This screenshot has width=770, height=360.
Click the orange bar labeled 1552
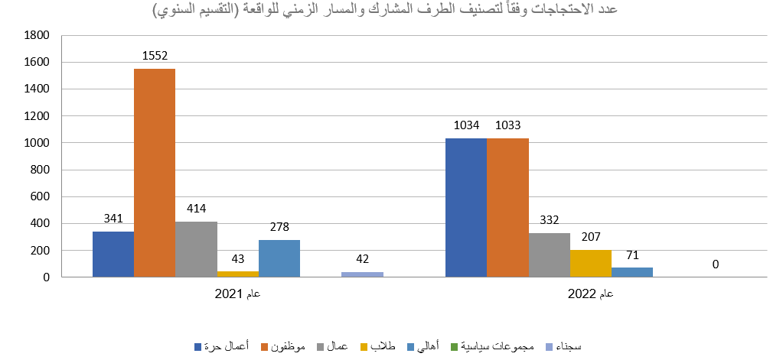(155, 173)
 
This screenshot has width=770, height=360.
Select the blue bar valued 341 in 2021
(113, 255)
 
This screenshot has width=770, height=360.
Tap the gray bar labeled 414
(196, 249)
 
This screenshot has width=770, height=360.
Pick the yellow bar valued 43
(237, 274)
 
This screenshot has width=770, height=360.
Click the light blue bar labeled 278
(279, 258)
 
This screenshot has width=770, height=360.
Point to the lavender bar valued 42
(362, 274)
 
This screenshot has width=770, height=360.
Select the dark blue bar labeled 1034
(466, 208)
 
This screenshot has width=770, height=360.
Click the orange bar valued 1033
(507, 208)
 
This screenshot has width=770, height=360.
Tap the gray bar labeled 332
(549, 255)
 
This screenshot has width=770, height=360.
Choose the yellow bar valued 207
(590, 263)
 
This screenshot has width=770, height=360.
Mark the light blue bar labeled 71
(631, 272)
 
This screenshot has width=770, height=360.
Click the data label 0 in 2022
(715, 264)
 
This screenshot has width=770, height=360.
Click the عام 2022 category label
(590, 294)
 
